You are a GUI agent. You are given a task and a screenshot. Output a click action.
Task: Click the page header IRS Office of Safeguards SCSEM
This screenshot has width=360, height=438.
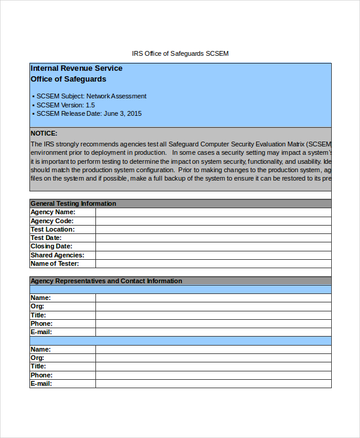coord(180,53)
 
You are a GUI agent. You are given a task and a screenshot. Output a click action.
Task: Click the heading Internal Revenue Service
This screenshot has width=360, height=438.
coord(76,68)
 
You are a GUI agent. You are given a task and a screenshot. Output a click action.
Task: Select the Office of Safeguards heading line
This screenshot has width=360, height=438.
coord(68,79)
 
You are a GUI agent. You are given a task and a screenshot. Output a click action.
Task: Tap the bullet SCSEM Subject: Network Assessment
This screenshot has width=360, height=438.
coord(91,96)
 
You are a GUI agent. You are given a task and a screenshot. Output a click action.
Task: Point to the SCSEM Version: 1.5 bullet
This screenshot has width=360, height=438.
coord(65,105)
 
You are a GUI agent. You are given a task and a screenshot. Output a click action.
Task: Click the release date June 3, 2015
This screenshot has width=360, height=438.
coord(122,113)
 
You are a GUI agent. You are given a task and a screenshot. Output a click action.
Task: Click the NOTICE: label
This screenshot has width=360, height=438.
coord(44,133)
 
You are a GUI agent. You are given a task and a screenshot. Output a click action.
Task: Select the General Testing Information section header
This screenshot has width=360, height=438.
coord(73,203)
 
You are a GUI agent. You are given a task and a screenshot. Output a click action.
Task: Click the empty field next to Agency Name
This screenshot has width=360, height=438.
coord(213,212)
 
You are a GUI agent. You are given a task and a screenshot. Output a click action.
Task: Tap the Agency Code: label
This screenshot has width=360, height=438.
coord(52,221)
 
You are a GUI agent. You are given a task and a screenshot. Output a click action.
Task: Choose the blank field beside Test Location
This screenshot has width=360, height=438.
coord(213,229)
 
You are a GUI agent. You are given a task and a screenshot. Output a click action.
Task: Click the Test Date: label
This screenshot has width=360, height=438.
coord(46,238)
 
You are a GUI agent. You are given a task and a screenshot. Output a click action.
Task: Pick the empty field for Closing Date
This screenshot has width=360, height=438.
coord(213,247)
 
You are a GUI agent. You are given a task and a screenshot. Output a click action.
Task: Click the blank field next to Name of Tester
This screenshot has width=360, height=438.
coord(213,263)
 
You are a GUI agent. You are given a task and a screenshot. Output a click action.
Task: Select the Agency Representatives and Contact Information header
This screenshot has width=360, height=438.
coord(106,281)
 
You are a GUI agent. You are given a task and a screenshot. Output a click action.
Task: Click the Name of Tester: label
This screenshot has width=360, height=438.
coord(55,263)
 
